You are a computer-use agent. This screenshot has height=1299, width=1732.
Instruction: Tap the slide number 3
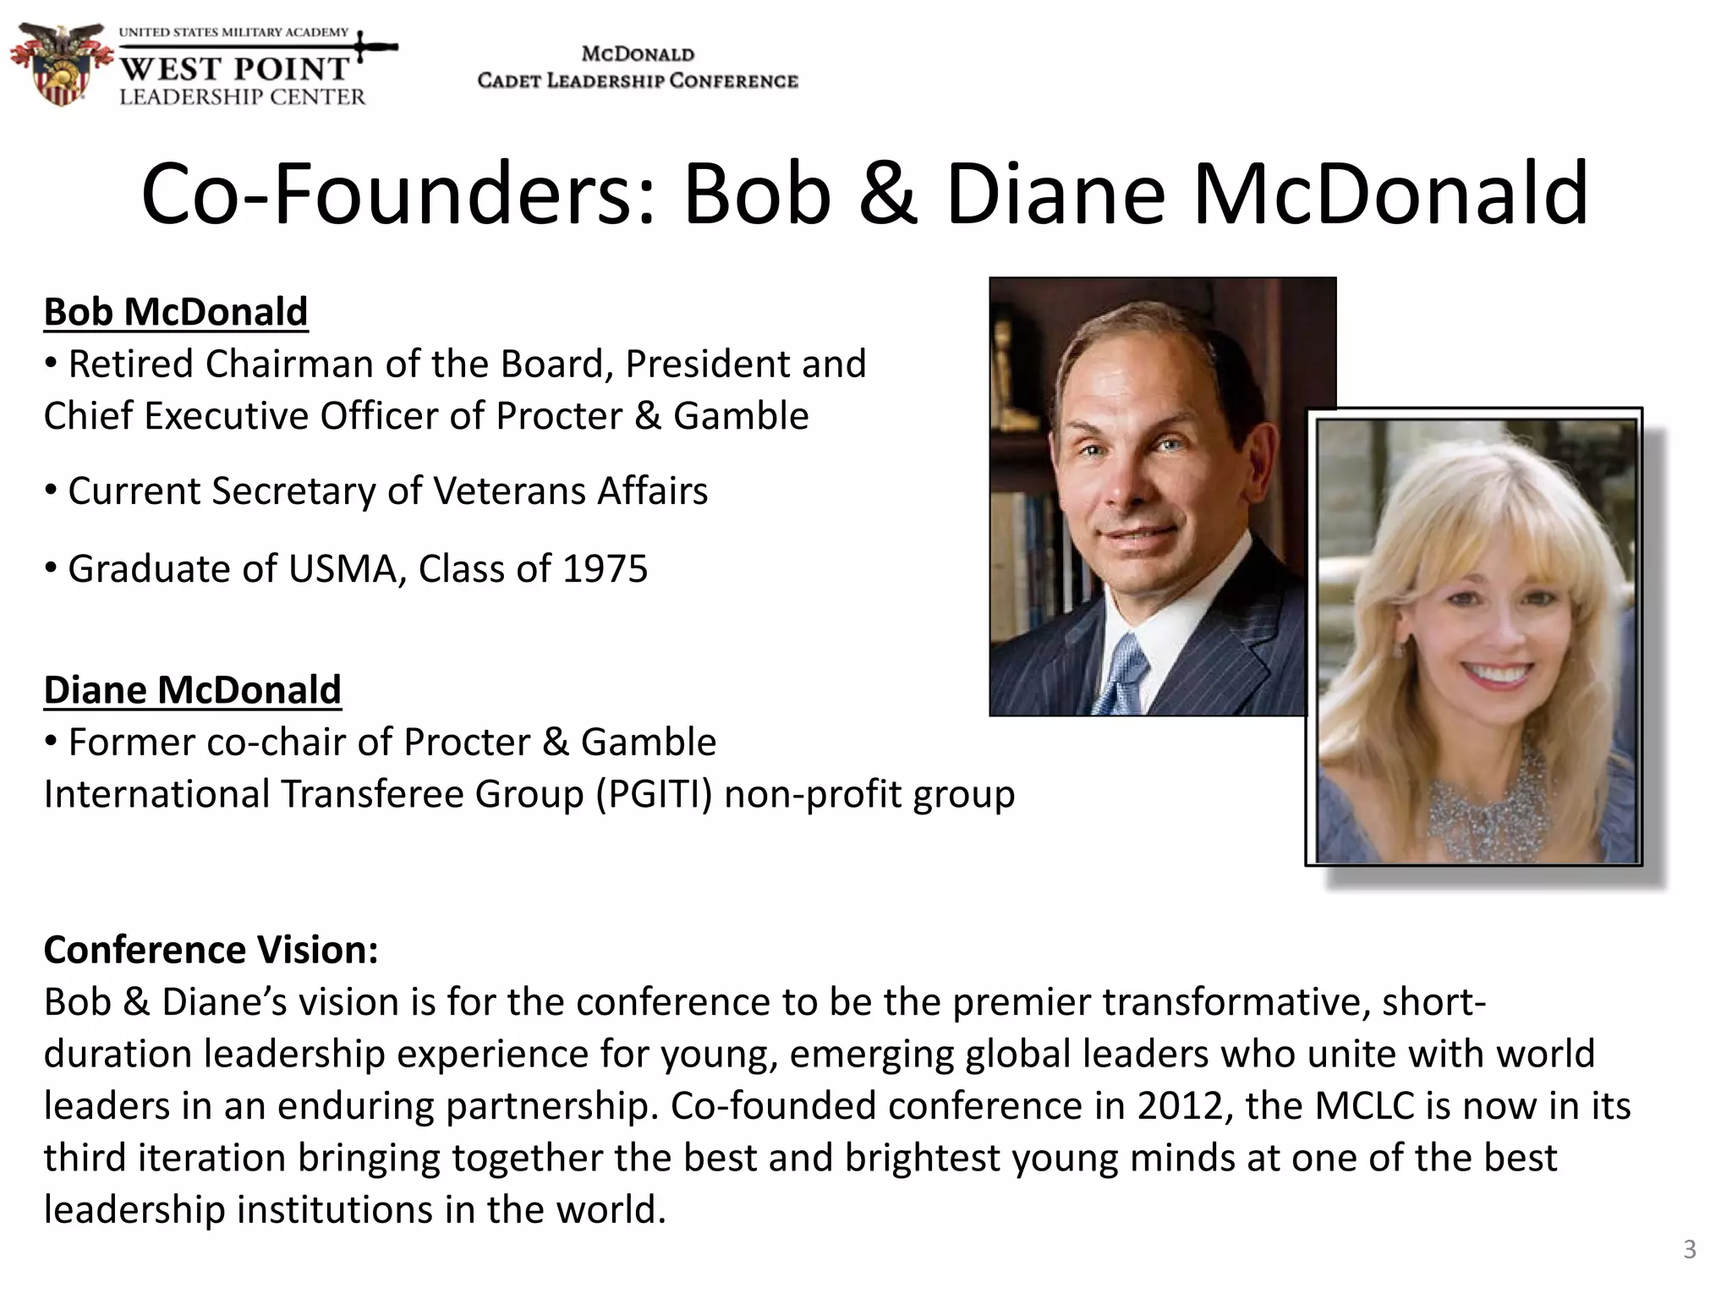tap(1689, 1249)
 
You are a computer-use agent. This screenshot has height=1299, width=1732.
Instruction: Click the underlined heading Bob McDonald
tap(175, 312)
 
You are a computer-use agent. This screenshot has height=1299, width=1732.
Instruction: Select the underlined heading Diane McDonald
tap(192, 690)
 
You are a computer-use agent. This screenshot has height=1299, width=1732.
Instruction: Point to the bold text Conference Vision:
tap(211, 950)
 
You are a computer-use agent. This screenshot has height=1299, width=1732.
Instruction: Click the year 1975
tap(605, 569)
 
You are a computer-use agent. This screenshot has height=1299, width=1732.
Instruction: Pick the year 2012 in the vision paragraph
tap(1182, 1106)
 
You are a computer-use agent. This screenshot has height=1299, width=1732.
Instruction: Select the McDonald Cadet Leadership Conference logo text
tap(638, 68)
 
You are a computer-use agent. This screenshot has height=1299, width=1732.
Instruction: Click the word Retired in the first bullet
tap(131, 364)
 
